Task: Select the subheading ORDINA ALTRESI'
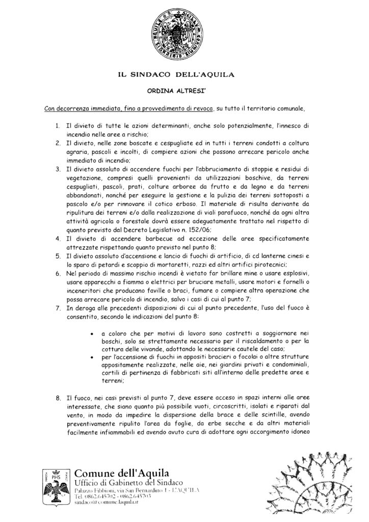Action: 184,92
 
